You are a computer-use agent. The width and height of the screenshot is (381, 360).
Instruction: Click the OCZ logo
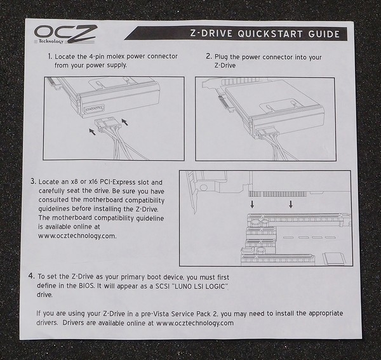[65, 34]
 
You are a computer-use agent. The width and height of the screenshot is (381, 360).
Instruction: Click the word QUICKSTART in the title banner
[271, 34]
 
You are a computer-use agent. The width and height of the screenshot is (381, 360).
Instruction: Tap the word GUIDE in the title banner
[324, 34]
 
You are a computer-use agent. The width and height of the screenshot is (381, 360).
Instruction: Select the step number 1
[50, 57]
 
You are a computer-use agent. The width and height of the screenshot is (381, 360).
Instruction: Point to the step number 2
[209, 57]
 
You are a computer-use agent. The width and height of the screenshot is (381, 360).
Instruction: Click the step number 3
[33, 181]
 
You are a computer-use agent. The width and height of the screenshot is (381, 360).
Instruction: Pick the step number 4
[32, 276]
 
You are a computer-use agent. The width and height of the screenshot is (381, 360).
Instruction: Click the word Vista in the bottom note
[161, 314]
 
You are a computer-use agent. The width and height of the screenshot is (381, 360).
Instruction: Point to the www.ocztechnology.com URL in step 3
[77, 236]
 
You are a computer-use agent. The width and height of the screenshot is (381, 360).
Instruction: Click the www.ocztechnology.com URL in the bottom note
[195, 323]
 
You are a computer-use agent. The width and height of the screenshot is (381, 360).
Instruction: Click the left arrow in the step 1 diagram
[92, 132]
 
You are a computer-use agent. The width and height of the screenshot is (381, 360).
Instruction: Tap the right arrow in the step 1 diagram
[124, 122]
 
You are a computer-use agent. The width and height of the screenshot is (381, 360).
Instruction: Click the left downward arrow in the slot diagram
[252, 204]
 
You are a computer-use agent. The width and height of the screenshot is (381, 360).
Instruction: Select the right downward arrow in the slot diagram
[291, 204]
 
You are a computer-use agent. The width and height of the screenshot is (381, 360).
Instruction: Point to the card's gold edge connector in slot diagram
[277, 194]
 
